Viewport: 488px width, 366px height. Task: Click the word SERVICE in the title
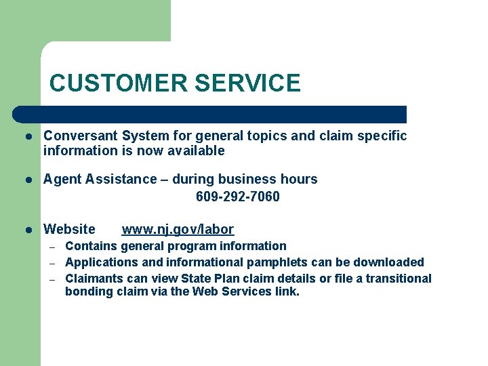click(247, 83)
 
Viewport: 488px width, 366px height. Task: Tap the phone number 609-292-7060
click(237, 197)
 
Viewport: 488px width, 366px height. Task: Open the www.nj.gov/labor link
click(178, 230)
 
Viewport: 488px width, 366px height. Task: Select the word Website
click(69, 230)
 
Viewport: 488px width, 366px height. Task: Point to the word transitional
click(399, 279)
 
